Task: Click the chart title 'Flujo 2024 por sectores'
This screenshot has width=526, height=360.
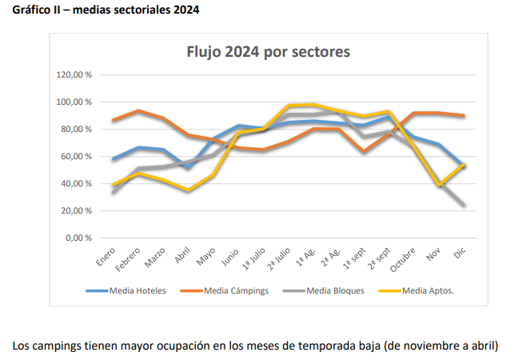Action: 268,53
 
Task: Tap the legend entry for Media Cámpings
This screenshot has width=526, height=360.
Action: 235,290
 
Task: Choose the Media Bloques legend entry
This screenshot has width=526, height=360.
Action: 335,290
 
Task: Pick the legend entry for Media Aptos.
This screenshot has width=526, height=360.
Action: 428,290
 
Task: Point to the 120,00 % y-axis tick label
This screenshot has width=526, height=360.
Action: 74,75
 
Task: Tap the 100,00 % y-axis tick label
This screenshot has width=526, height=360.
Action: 74,102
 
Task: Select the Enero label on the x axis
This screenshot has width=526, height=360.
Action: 106,258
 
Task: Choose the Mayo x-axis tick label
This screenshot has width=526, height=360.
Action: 207,256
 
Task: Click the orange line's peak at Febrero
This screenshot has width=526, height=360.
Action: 139,111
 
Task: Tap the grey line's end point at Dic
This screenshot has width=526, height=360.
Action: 463,205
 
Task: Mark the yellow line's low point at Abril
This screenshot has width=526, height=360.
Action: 189,190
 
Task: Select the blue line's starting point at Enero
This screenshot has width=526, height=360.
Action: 114,159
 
